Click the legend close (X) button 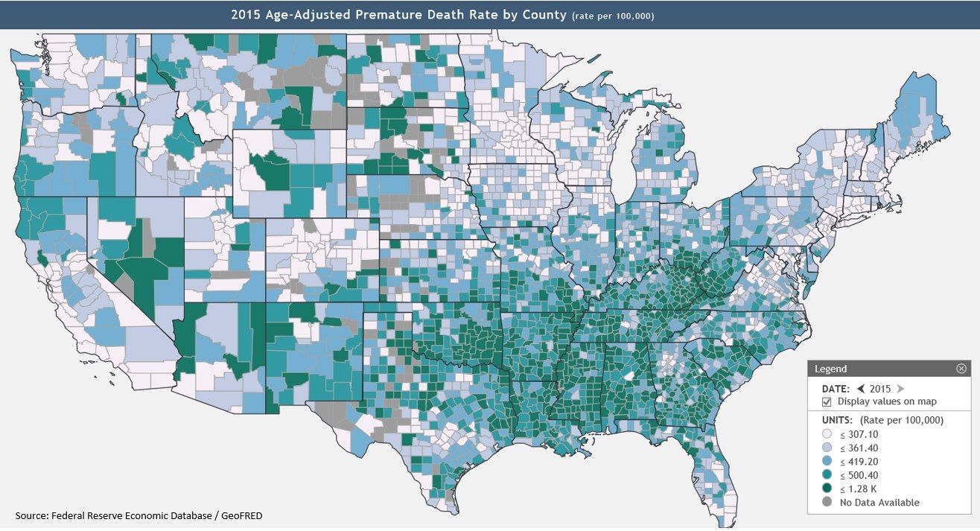(x=961, y=369)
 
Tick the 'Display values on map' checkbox (x=827, y=401)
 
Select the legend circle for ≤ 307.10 (x=827, y=434)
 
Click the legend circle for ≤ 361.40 (x=827, y=448)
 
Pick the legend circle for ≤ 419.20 (x=827, y=462)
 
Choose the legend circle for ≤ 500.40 (x=827, y=475)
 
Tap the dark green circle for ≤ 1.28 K (x=827, y=489)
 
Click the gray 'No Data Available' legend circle (x=827, y=503)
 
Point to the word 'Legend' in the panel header (x=830, y=369)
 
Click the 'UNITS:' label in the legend (x=837, y=420)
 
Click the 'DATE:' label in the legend (x=835, y=389)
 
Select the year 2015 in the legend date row (x=880, y=389)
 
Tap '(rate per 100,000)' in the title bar (x=613, y=16)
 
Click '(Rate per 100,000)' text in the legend (x=902, y=420)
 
